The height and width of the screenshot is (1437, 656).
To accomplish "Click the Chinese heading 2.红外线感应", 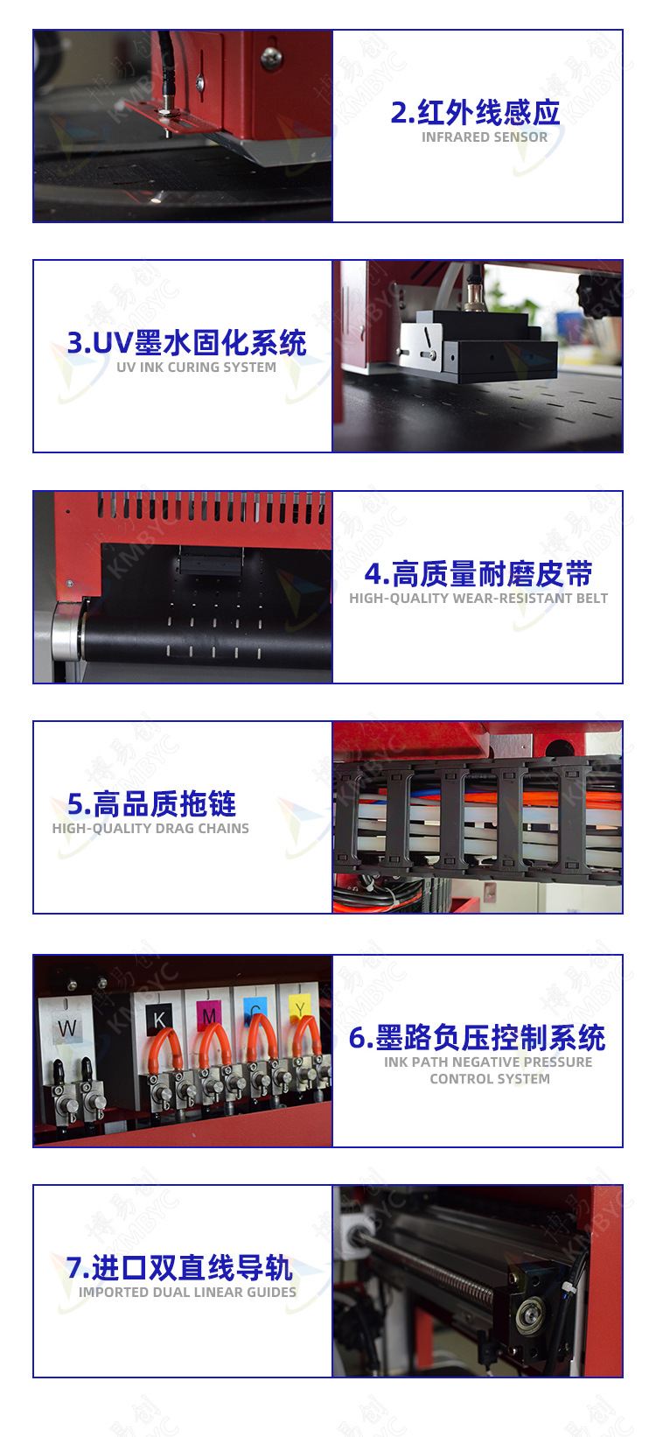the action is click(475, 113).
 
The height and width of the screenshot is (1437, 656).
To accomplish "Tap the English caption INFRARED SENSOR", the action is click(485, 137).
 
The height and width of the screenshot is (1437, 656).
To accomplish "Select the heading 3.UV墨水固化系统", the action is click(186, 343).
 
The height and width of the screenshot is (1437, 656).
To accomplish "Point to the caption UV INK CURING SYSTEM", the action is click(196, 368).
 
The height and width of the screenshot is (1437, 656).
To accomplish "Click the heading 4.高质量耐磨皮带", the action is click(478, 574).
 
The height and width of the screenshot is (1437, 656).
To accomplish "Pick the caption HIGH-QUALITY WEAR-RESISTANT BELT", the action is click(478, 599).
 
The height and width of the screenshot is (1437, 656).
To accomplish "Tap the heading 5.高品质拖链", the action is click(151, 804).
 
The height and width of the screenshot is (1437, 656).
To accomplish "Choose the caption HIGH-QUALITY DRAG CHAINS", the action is click(150, 829).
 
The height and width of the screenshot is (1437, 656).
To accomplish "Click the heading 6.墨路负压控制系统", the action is click(477, 1038).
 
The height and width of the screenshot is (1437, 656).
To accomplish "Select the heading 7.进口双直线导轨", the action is click(179, 1268).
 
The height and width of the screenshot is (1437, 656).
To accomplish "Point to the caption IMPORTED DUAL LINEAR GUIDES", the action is click(187, 1293).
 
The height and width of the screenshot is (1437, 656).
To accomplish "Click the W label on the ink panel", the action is click(66, 1028).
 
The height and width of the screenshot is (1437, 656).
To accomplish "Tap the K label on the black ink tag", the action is click(159, 1019).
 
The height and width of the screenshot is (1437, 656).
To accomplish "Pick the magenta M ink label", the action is click(209, 1015).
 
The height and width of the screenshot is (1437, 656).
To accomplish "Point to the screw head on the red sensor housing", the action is click(270, 59).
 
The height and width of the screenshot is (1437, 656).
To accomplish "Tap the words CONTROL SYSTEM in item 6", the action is click(490, 1079).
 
